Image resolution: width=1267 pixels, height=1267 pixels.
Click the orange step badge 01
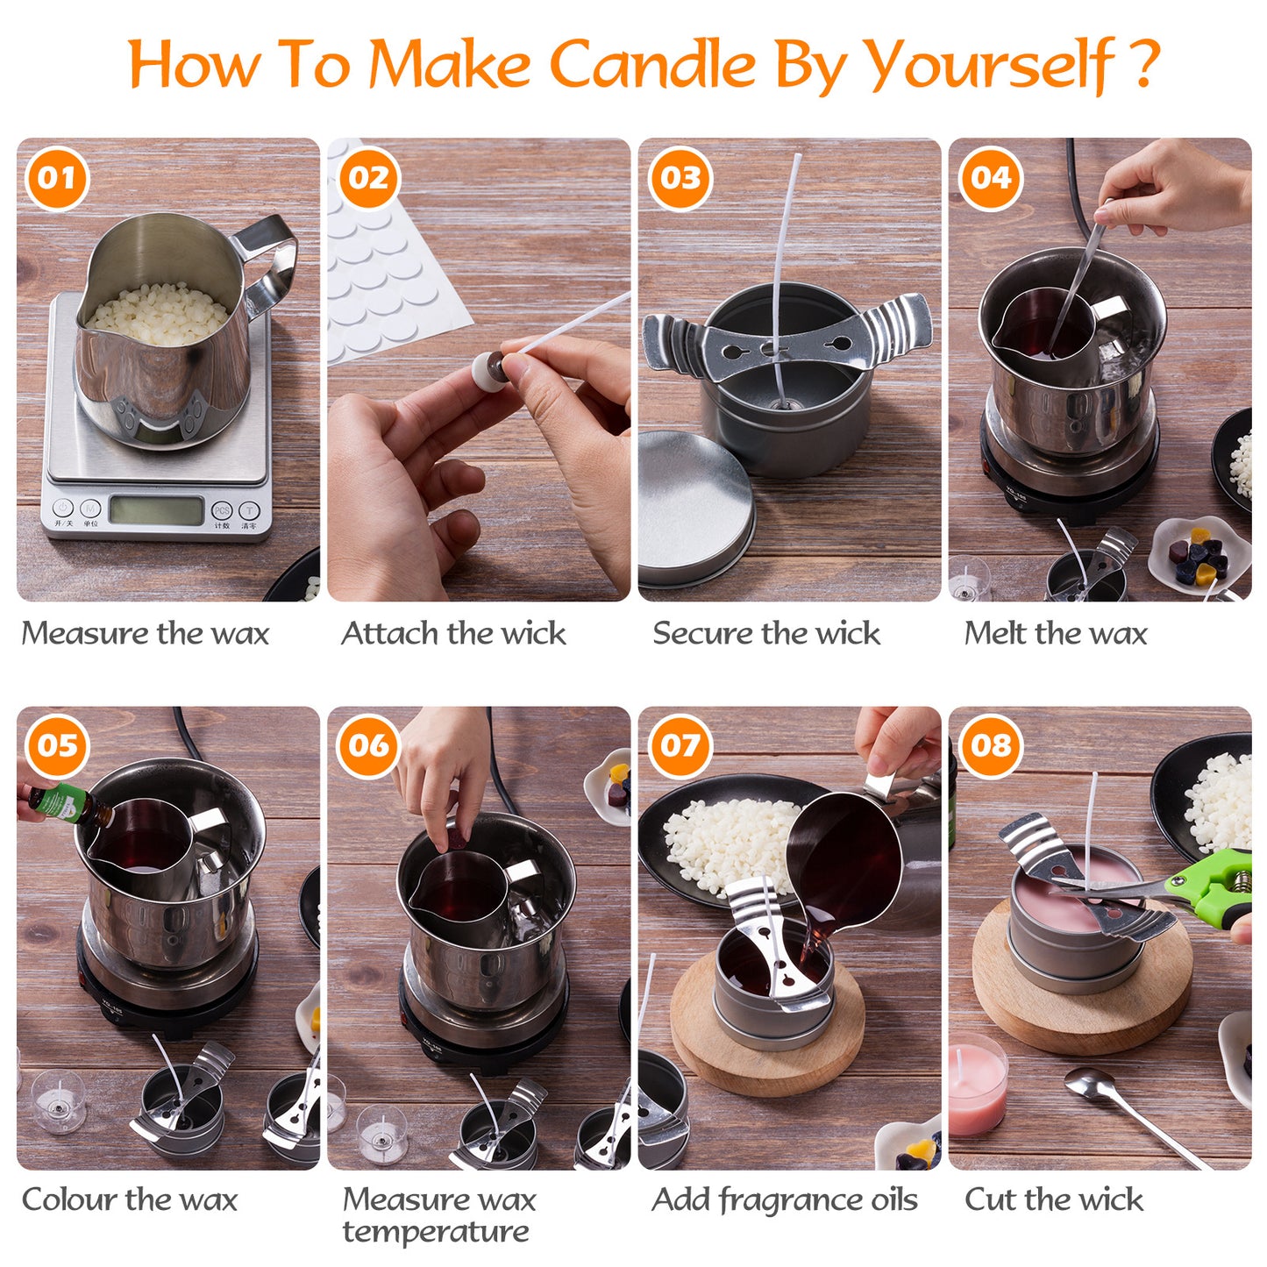point(58,179)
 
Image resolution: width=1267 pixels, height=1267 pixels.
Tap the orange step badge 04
point(991,179)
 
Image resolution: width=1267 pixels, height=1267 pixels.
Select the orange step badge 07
point(680,746)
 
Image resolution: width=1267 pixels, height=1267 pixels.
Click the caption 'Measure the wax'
point(146,633)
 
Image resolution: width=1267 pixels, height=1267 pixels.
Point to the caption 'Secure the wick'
point(766,633)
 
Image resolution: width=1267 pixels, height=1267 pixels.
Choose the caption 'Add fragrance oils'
point(785,1199)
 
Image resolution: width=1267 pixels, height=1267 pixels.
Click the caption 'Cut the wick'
point(1054,1199)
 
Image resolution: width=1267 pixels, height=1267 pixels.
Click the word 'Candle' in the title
point(653,65)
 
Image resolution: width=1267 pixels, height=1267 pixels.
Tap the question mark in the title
point(1143,63)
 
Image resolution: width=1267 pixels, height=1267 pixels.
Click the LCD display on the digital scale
point(157,509)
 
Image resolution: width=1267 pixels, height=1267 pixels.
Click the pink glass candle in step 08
point(977,1087)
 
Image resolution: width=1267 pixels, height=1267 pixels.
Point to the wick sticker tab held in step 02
point(488,368)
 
